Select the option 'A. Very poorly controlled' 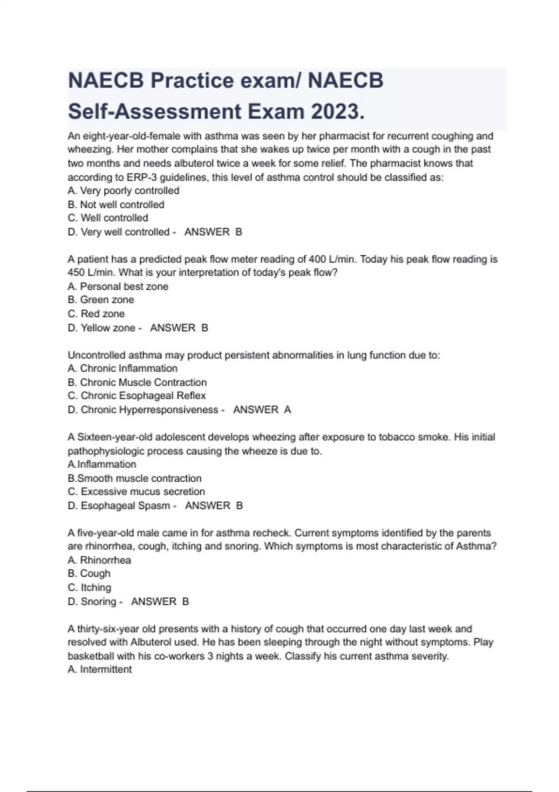pos(123,191)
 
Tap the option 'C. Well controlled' pos(108,218)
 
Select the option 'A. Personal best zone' pos(118,287)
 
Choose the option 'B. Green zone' pos(101,300)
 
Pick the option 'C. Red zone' pos(96,314)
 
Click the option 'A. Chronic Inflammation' pos(123,369)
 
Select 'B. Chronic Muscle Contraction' pos(137,382)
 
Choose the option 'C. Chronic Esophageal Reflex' pos(136,396)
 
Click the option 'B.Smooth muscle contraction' pos(135,478)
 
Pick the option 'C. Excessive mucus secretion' pos(136,492)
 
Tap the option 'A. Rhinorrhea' pos(99,560)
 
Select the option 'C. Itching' pos(89,587)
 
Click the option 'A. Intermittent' pos(100,669)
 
